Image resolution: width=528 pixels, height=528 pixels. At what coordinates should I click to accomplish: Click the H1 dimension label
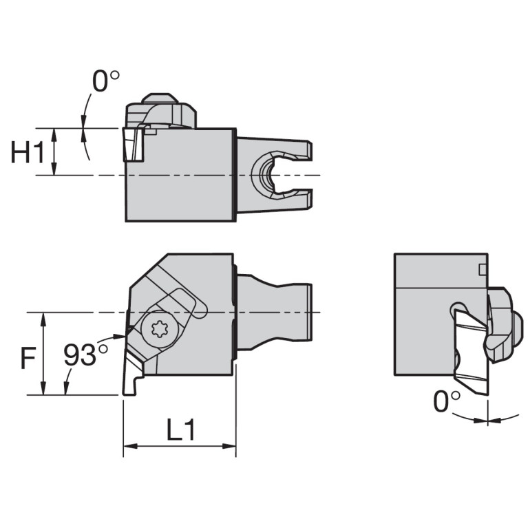[x=28, y=153]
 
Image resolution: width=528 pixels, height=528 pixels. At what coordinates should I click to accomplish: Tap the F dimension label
[x=26, y=358]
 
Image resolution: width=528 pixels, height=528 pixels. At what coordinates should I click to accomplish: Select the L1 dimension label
[x=181, y=430]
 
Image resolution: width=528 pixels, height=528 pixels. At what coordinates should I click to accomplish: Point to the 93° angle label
[x=85, y=355]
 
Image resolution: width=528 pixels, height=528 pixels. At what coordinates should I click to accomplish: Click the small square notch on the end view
[x=483, y=268]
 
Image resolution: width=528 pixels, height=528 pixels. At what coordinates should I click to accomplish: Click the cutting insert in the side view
[x=133, y=144]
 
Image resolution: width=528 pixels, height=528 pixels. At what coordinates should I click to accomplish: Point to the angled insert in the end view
[x=468, y=351]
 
